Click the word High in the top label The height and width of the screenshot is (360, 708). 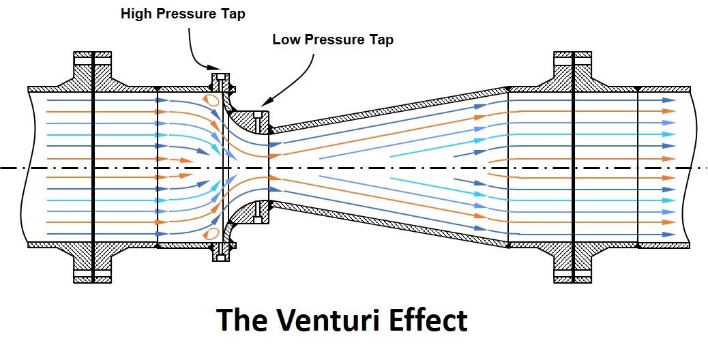click(x=136, y=13)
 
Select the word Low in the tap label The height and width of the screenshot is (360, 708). click(x=286, y=40)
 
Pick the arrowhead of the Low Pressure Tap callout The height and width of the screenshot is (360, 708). click(x=263, y=104)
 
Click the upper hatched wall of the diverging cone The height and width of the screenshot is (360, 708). click(x=389, y=108)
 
